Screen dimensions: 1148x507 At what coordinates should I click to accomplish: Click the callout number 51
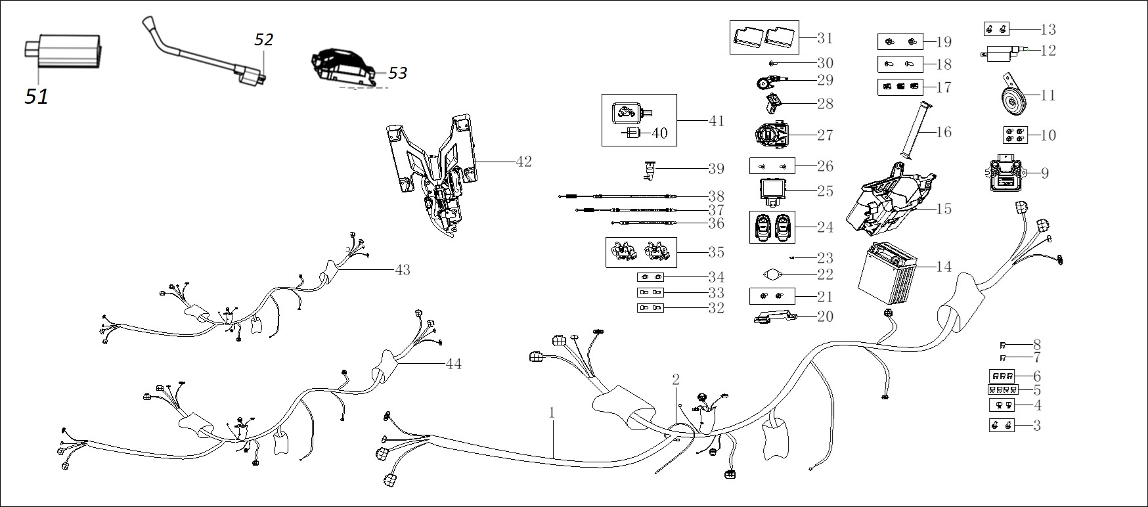pos(37,97)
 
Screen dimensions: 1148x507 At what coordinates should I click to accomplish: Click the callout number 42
pos(523,161)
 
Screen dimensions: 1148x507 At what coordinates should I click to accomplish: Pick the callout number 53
pos(397,72)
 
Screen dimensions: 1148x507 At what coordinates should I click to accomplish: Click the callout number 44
pos(453,363)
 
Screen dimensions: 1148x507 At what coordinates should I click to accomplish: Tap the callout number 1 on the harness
pos(552,412)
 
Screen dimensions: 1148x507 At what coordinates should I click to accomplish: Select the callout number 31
pos(824,38)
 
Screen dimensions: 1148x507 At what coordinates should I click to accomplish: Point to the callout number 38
pos(716,196)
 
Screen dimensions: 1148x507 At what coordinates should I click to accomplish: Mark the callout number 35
pos(716,252)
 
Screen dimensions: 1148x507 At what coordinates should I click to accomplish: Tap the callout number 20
pos(824,316)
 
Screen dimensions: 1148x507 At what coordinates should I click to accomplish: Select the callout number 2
pos(675,379)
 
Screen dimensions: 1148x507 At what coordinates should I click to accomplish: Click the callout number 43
pos(402,269)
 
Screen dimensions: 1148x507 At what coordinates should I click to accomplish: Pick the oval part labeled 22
pos(772,274)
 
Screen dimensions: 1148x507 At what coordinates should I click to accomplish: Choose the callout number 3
pos(1037,426)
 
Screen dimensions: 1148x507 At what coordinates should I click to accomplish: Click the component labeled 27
pos(772,135)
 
